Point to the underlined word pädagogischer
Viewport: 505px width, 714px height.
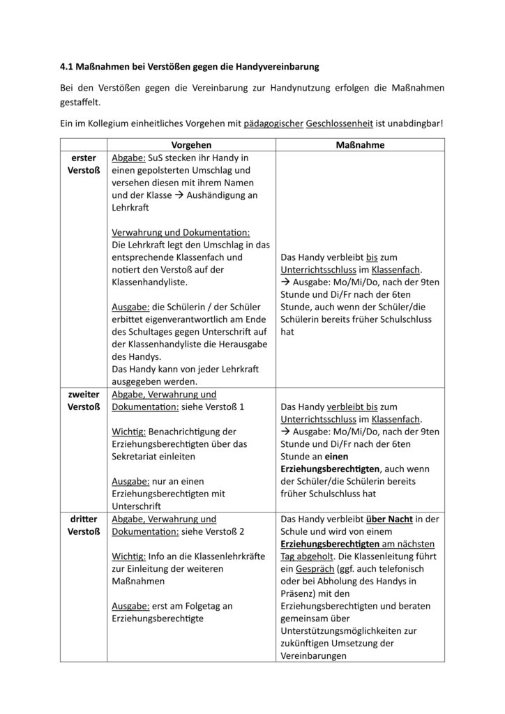(273, 123)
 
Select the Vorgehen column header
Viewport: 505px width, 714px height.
(191, 145)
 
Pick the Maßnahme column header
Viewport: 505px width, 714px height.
(360, 145)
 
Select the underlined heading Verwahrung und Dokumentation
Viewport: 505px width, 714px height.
(181, 232)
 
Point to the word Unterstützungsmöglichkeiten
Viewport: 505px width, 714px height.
(349, 631)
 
